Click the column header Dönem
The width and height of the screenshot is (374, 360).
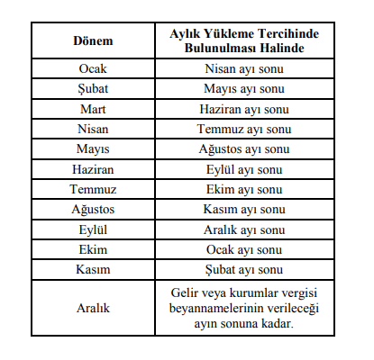[93, 40]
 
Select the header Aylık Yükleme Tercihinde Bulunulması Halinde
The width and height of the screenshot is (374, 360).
[245, 40]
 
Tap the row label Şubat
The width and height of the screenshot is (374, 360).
[93, 89]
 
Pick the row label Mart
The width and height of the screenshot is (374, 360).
[93, 109]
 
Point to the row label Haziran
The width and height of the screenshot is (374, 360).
[93, 168]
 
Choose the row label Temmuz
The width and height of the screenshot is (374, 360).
[93, 188]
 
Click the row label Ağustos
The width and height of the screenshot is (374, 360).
[93, 209]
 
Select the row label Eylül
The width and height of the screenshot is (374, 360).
[93, 229]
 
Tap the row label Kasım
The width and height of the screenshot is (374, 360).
[93, 268]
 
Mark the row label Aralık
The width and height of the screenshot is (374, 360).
[93, 308]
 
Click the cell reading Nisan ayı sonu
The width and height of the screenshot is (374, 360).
[245, 69]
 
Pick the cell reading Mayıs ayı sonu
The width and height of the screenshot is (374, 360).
[245, 89]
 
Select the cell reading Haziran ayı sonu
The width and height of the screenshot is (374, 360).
[245, 109]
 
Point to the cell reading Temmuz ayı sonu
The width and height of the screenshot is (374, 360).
[245, 129]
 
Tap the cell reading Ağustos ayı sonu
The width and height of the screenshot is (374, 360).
[245, 148]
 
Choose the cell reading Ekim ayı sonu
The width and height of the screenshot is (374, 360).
[245, 188]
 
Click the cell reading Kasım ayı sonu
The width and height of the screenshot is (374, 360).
[245, 209]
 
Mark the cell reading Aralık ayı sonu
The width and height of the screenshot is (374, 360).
[245, 229]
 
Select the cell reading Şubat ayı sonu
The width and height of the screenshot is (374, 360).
[245, 268]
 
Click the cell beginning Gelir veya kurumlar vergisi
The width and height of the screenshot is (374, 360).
[245, 308]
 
